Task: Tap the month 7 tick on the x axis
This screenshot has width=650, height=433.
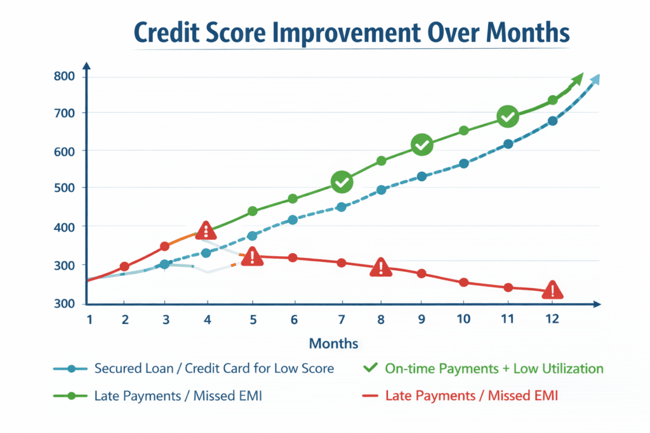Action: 342,320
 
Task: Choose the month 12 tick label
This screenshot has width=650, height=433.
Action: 552,320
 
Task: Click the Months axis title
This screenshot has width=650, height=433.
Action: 333,344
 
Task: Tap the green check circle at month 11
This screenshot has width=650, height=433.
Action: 508,117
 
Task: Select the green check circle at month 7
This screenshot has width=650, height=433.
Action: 342,183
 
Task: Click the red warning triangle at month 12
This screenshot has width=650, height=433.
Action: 553,290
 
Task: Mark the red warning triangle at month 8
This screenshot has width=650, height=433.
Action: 380,268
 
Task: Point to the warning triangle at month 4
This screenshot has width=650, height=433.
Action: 205,230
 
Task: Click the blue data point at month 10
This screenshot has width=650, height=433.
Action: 464,164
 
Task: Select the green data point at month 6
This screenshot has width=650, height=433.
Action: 293,199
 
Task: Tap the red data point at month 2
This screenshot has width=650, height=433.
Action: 124,267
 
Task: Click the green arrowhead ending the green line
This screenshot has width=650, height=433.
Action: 577,80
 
